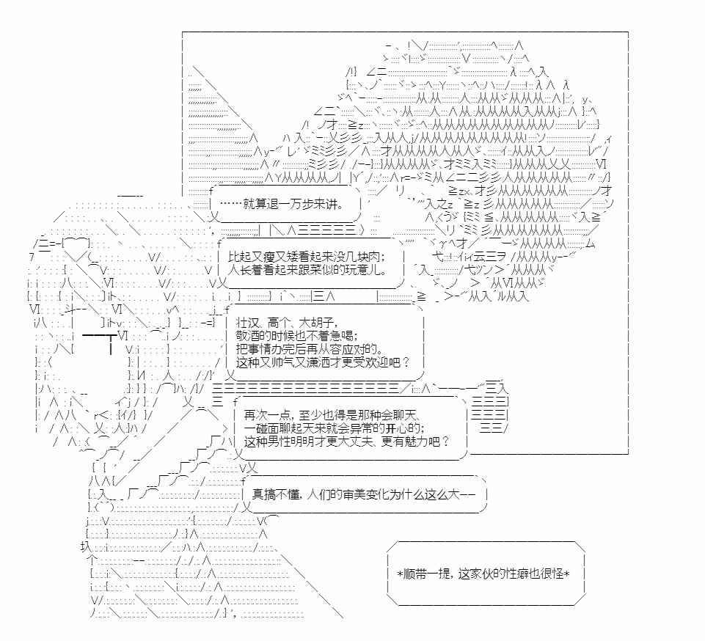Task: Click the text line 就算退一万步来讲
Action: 282,204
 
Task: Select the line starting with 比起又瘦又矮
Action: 306,257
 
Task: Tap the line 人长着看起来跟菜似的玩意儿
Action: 307,270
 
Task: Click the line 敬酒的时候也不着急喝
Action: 297,336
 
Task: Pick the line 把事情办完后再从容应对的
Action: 310,349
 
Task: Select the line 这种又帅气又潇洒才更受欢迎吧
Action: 322,362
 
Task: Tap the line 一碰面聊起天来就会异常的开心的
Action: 335,428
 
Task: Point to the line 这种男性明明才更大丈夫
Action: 347,441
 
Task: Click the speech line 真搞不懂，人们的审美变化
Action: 363,494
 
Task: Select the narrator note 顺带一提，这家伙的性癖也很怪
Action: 484,574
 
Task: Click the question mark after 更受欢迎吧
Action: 406,362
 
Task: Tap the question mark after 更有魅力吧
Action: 445,441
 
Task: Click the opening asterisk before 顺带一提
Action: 400,574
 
